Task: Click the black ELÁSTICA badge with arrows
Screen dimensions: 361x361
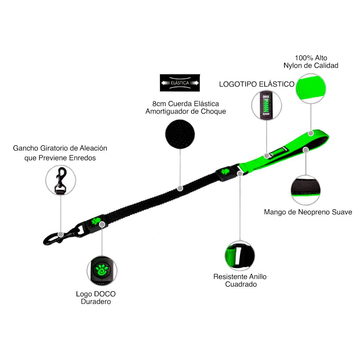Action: (x=180, y=83)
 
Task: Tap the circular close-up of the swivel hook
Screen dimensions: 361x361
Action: (x=60, y=180)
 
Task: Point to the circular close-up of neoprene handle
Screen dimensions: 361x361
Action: (x=305, y=190)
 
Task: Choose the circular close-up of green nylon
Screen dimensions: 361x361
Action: (x=310, y=89)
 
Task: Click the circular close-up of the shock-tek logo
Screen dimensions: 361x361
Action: (x=266, y=105)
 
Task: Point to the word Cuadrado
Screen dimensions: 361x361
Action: (x=241, y=284)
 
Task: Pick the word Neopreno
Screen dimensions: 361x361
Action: (x=314, y=212)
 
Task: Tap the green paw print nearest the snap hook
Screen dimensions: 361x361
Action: (x=96, y=221)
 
